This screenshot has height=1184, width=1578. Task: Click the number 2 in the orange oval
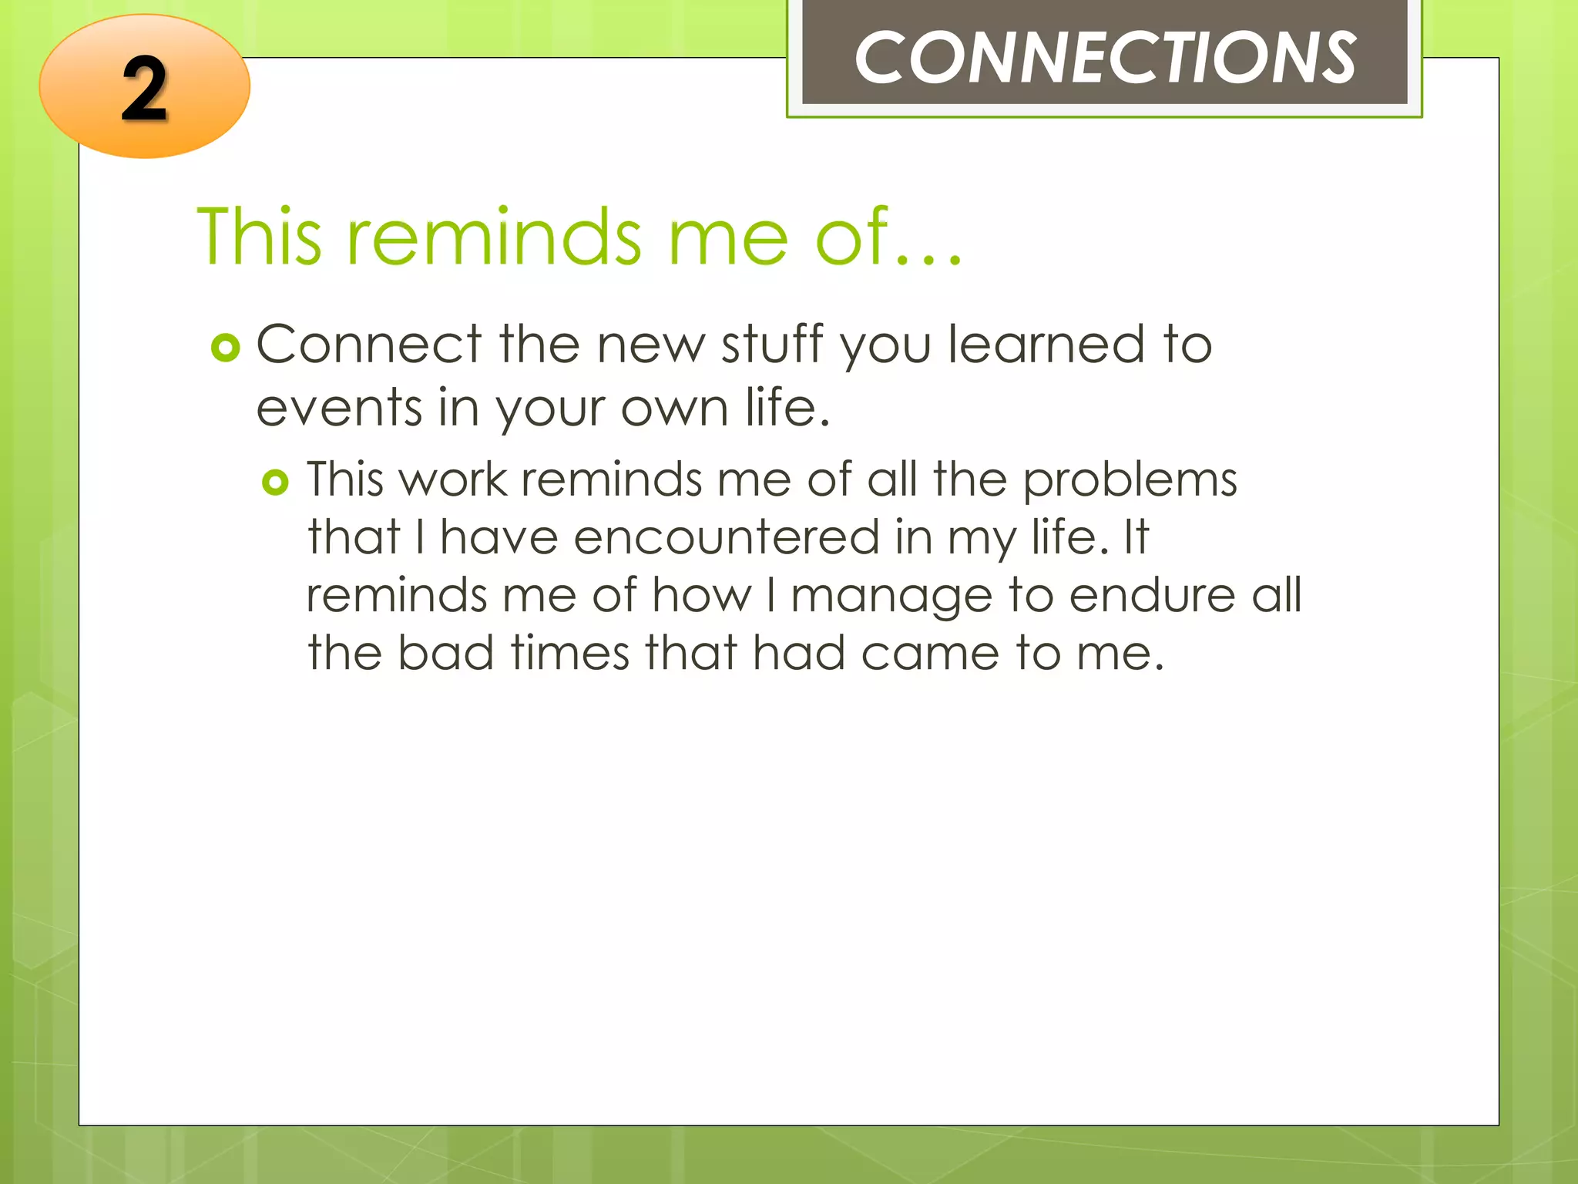click(144, 91)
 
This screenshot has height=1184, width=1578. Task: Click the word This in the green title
click(259, 237)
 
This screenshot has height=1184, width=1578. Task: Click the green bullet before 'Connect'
click(225, 348)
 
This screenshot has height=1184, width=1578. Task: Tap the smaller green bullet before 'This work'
click(275, 483)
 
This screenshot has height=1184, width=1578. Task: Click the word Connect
click(368, 344)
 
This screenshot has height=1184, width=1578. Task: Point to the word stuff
click(772, 344)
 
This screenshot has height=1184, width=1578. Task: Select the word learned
click(1046, 344)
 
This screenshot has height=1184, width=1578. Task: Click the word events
click(338, 409)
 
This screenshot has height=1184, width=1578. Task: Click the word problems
click(1130, 481)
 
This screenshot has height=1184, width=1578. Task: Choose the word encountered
click(726, 537)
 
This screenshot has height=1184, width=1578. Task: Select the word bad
click(445, 653)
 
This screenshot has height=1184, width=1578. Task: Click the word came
click(929, 654)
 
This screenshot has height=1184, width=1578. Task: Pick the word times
click(569, 653)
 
